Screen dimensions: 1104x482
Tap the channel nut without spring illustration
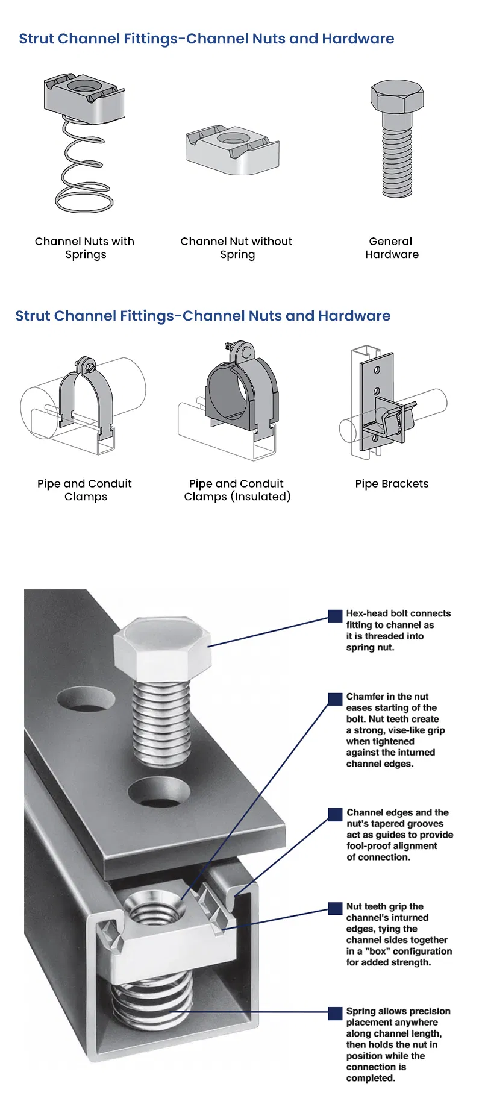(232, 150)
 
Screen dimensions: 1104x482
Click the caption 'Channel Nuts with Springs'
(85, 248)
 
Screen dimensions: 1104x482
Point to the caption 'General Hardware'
(392, 248)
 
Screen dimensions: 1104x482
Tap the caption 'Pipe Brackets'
(392, 483)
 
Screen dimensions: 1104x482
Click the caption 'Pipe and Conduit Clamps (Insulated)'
(237, 490)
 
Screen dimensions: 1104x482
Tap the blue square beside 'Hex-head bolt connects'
(335, 615)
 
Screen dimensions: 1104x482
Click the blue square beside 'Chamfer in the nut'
(335, 698)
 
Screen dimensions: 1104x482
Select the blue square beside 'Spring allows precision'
(335, 1013)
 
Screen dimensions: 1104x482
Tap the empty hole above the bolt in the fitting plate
(86, 700)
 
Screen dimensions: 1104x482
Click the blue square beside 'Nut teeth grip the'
(335, 908)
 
